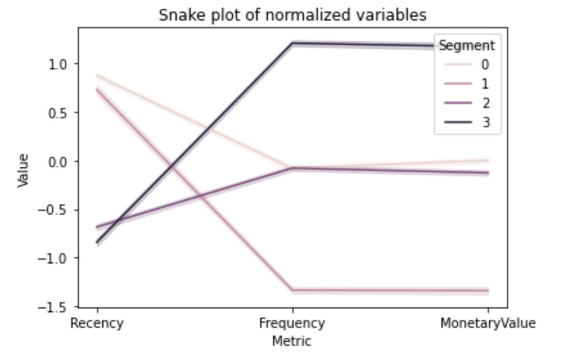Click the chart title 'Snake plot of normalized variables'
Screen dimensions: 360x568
(x=292, y=14)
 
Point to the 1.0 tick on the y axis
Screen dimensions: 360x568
(x=60, y=64)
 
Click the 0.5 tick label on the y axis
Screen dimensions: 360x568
(x=60, y=113)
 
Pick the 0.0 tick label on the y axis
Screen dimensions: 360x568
(x=60, y=161)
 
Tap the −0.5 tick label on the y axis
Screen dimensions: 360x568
(x=57, y=210)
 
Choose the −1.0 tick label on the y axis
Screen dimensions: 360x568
(x=57, y=258)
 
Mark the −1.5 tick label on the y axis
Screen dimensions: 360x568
(x=57, y=307)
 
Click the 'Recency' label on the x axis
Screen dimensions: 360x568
(x=97, y=323)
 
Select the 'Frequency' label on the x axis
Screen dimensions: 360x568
(x=292, y=323)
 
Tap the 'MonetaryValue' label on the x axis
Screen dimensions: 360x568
(x=488, y=323)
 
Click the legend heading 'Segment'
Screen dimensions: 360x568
(x=466, y=46)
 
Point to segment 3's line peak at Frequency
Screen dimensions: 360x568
(x=292, y=43)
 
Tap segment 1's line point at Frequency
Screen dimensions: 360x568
(x=292, y=291)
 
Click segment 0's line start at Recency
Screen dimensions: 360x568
(x=97, y=75)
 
